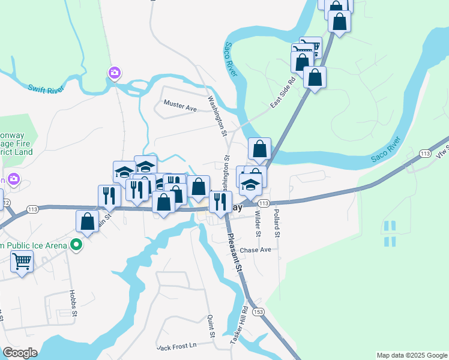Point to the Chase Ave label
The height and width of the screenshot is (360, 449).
[x=255, y=250]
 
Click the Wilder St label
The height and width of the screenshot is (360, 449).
[x=258, y=221]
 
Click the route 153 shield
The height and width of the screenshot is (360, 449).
[x=259, y=312]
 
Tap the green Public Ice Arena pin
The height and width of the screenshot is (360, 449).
[x=76, y=245]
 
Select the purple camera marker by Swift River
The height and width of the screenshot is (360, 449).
[x=114, y=73]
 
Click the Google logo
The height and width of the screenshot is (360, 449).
[x=20, y=353]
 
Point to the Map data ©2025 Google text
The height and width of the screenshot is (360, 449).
[x=411, y=355]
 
